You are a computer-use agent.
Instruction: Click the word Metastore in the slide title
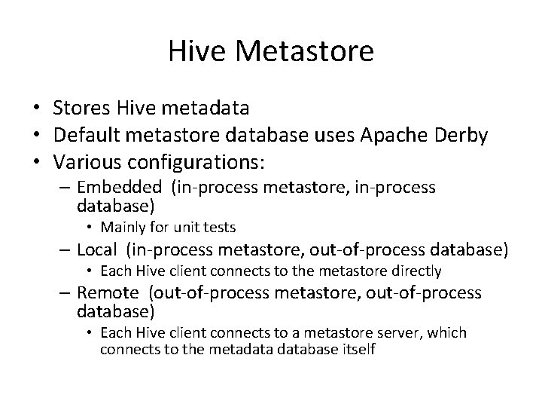point(304,51)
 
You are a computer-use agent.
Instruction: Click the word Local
point(97,249)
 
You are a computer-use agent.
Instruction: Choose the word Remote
point(108,293)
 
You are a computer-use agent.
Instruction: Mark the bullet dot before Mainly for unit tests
point(90,226)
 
